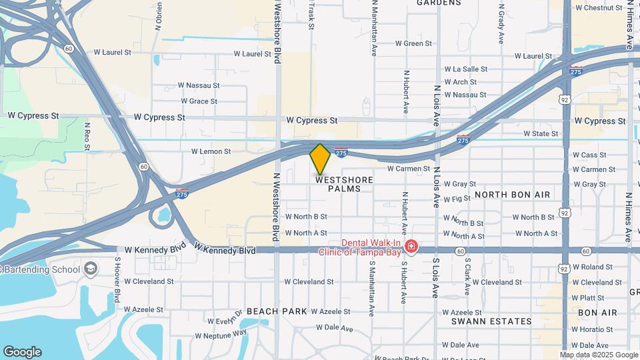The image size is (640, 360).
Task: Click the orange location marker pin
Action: point(320,159)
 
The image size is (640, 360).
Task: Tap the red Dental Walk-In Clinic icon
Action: point(411,248)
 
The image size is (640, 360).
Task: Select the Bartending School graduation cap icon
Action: point(90,269)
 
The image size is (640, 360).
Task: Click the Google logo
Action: point(22,352)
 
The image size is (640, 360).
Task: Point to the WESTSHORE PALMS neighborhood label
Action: point(344,184)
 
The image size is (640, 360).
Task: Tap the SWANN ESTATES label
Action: point(491,321)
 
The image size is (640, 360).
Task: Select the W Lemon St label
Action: point(211,152)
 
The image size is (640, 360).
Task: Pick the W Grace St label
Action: point(199,101)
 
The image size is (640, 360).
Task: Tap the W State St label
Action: point(541,134)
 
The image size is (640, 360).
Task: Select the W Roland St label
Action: point(593,267)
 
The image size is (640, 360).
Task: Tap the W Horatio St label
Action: point(595,329)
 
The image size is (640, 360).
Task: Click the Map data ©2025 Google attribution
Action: point(599,355)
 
